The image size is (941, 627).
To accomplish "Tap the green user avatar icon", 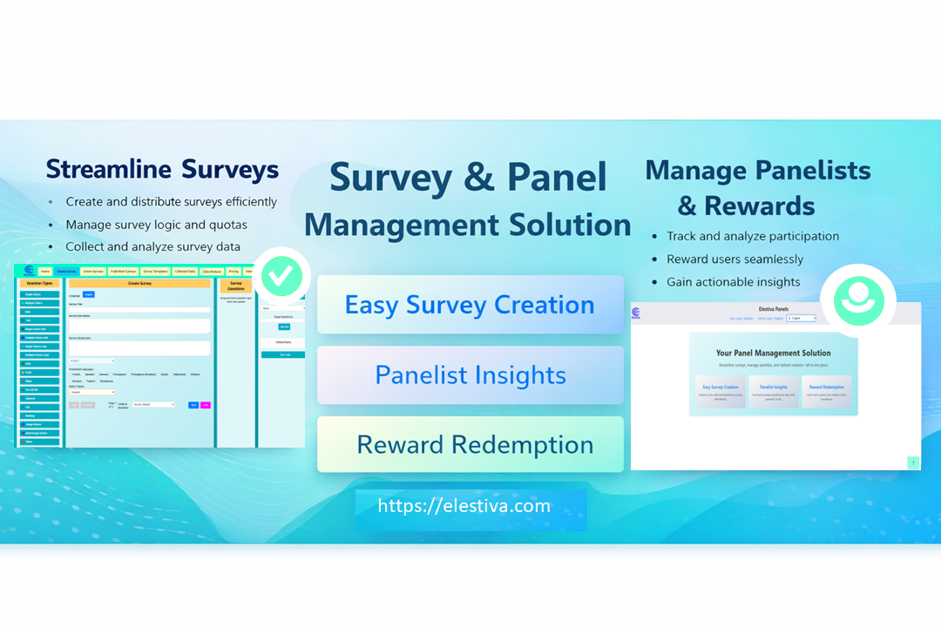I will [x=858, y=300].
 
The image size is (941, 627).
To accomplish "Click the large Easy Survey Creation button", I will [x=470, y=305].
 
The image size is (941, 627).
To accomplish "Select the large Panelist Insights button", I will [x=470, y=375].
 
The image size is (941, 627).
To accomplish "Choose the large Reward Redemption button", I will [x=470, y=445].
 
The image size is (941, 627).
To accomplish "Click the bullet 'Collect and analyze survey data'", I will [x=152, y=246].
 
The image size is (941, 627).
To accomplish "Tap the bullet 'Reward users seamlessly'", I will [x=735, y=259].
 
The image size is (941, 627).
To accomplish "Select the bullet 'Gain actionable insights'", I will [x=733, y=281].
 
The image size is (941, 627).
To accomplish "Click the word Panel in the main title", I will [x=557, y=178].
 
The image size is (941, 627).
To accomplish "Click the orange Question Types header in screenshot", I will [x=40, y=283].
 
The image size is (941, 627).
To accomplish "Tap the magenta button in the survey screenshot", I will [x=206, y=405].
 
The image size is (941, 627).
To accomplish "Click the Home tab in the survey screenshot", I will [x=44, y=272].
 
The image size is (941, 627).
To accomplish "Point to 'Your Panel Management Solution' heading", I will [x=773, y=353].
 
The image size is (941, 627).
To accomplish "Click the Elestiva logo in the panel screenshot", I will [x=635, y=313].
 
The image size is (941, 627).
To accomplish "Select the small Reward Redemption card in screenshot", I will [x=826, y=390].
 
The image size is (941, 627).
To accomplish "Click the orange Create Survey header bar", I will [x=139, y=283].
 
